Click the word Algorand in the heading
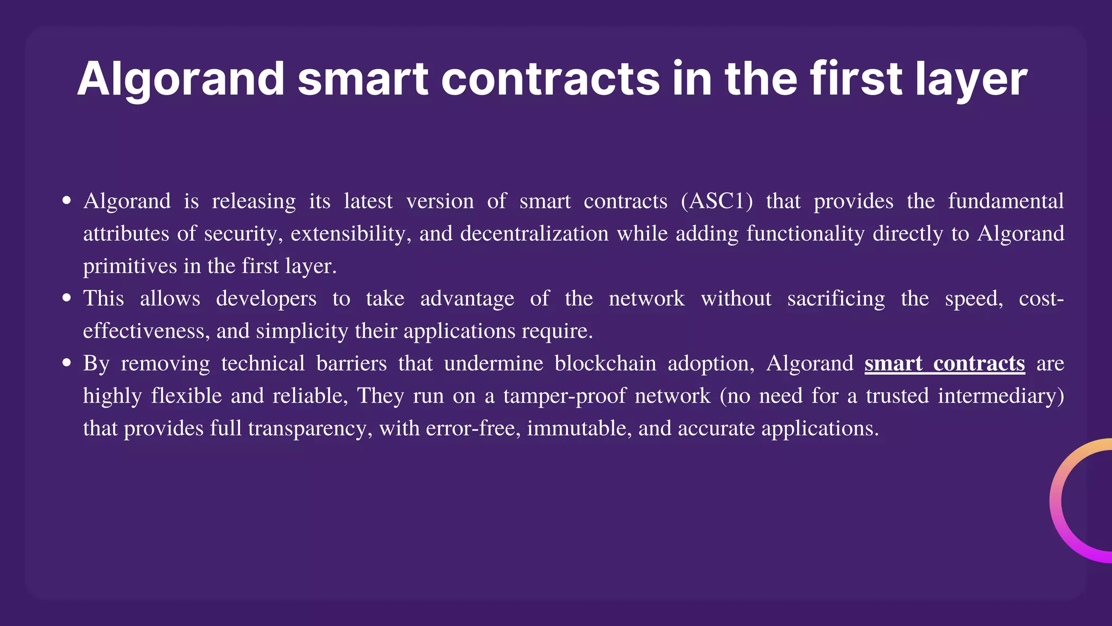[x=181, y=79]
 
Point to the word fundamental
[x=1006, y=201]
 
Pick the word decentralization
[x=534, y=234]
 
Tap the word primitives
[x=130, y=266]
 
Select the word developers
[x=266, y=299]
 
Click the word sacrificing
[x=836, y=299]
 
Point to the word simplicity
[x=302, y=331]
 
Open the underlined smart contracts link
[x=944, y=364]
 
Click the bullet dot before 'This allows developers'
[x=67, y=298]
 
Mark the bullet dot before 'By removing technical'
[x=67, y=362]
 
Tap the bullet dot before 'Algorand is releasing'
[x=67, y=201]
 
